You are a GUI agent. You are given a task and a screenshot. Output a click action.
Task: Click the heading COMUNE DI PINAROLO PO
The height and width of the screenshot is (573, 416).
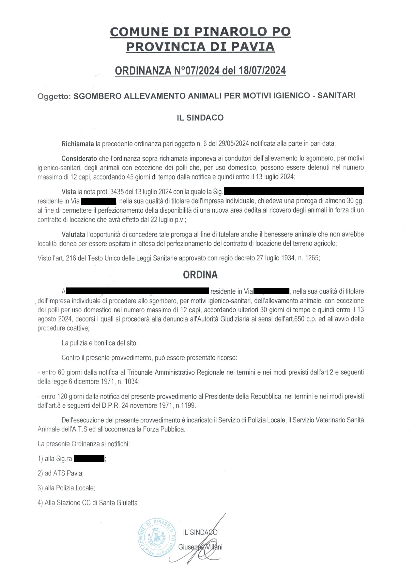tap(200, 32)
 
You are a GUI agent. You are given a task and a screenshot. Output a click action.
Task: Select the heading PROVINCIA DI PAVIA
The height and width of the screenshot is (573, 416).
tap(200, 47)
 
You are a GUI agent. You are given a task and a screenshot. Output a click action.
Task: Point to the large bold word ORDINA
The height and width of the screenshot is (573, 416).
tap(200, 275)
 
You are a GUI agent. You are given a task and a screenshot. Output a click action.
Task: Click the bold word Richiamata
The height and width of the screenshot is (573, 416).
tap(78, 143)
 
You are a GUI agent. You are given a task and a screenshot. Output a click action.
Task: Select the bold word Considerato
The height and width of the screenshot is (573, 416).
tap(79, 158)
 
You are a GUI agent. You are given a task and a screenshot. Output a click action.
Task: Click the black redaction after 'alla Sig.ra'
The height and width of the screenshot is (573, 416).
tap(89, 459)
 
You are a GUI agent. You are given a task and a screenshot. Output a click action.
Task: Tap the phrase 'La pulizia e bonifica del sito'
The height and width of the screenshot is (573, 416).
tap(99, 343)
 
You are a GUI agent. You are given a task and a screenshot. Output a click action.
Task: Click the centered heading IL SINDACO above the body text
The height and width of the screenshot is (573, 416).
tap(200, 118)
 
